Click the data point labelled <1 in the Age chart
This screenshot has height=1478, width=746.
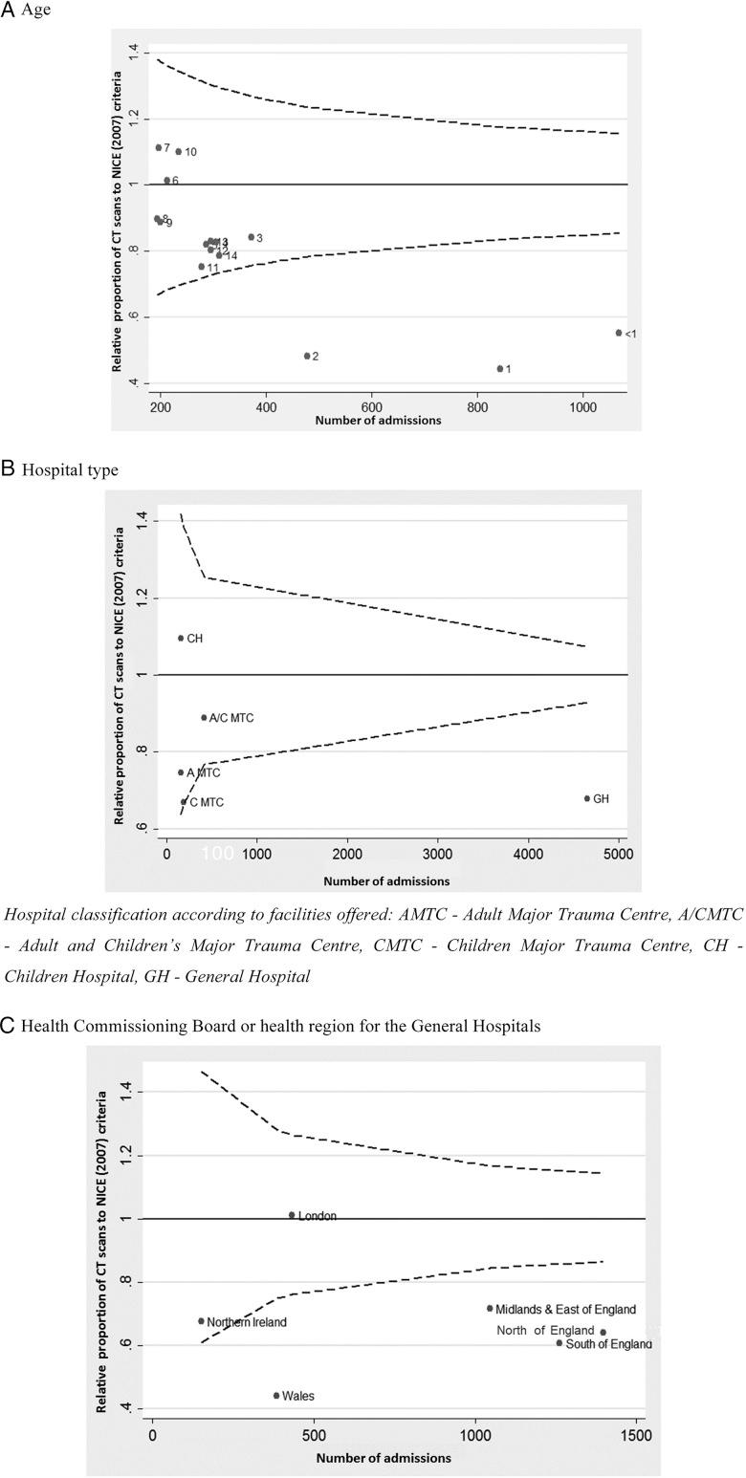click(619, 333)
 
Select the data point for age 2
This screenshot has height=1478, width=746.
click(307, 356)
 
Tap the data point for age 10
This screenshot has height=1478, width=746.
click(178, 151)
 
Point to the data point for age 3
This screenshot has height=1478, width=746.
click(252, 237)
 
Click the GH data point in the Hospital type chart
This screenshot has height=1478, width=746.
click(587, 798)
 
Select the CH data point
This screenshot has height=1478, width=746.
click(181, 638)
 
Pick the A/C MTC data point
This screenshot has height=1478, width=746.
click(204, 717)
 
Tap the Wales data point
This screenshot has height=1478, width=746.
click(276, 1395)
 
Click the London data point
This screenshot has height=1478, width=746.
click(292, 1215)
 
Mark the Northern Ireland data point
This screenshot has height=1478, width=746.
click(201, 1321)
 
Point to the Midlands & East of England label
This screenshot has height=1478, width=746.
click(565, 1310)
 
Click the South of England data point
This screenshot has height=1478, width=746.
click(559, 1343)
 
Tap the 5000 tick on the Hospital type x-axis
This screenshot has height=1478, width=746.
click(618, 855)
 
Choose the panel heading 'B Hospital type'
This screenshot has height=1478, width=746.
click(60, 469)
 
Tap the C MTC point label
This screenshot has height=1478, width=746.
click(207, 802)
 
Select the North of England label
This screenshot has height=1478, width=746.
click(545, 1331)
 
